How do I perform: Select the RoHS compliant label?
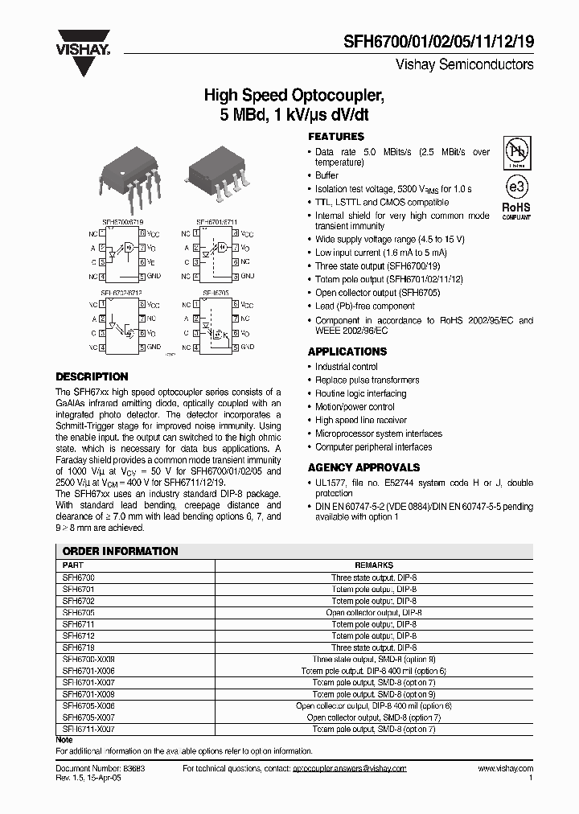coord(516,210)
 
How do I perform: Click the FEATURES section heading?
coord(336,137)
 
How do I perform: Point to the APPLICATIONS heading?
coord(347,351)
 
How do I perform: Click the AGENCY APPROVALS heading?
coord(363,467)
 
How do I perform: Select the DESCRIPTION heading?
coord(92,376)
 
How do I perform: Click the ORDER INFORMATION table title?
coord(121,551)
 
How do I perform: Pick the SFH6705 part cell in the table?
coord(79,612)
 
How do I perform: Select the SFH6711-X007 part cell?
coord(88,729)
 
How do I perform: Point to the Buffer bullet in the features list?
coord(326,175)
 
